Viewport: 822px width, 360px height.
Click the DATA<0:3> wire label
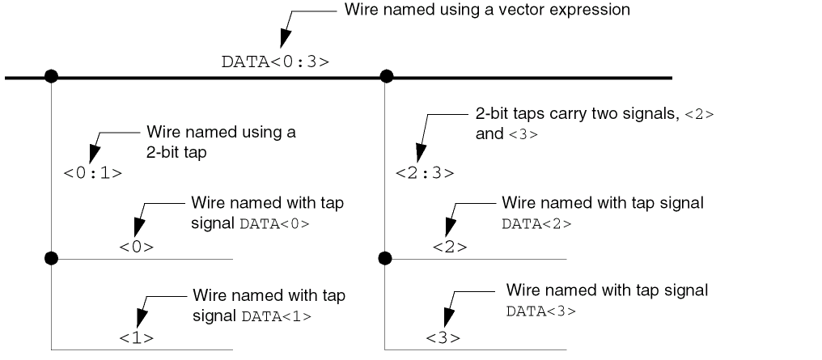pos(275,61)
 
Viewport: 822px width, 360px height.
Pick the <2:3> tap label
pos(425,172)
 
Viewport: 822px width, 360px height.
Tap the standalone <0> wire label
pos(136,247)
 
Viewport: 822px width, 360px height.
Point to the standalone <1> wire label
pos(136,336)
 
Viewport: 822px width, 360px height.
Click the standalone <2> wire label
pos(450,247)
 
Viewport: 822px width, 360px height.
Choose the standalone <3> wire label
pos(443,336)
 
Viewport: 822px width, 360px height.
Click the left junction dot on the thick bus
pos(51,77)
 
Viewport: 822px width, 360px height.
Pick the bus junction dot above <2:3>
pos(387,77)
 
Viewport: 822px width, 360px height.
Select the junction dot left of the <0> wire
pos(51,259)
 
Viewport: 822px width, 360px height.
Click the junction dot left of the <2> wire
pos(385,259)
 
